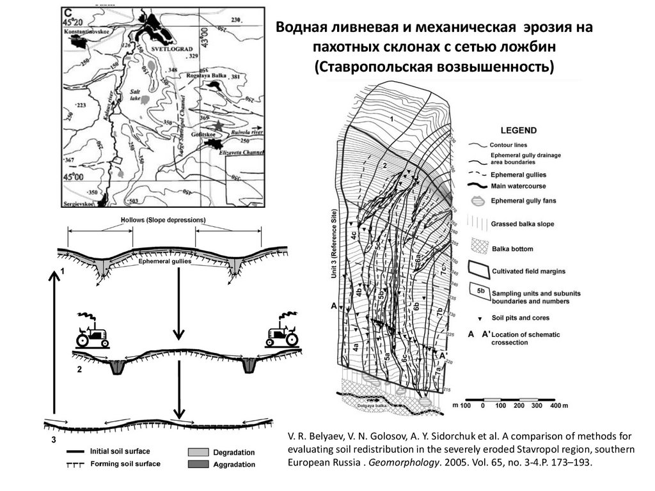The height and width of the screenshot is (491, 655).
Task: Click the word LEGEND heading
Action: coord(519,130)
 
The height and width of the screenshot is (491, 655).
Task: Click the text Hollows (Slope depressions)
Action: coord(163,220)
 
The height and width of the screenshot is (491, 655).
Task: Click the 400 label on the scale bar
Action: coord(554,407)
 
